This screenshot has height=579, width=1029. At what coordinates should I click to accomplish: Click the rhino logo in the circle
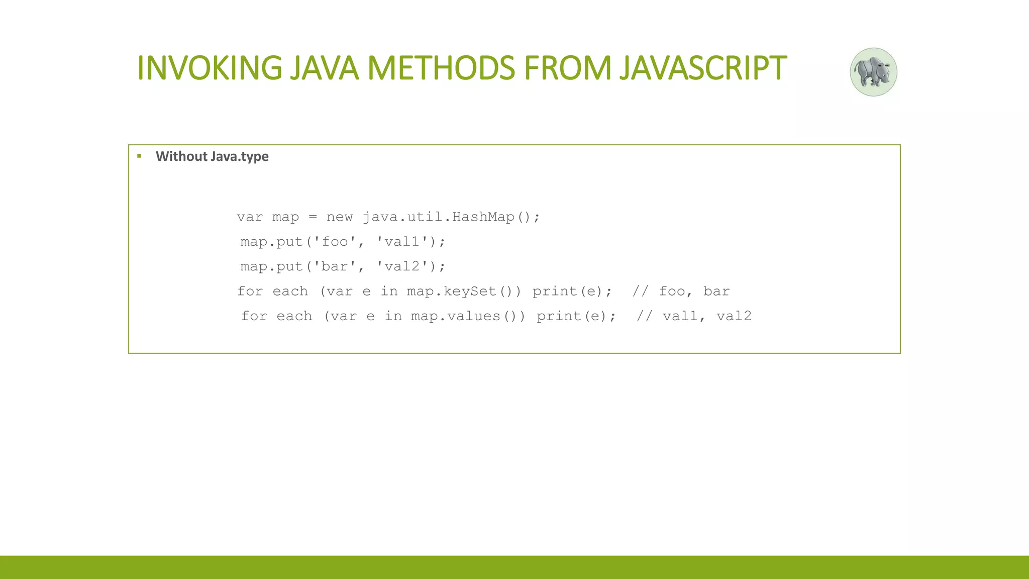pos(873,72)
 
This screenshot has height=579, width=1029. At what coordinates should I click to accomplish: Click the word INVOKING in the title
pos(210,68)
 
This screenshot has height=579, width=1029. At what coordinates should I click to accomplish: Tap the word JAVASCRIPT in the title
pos(702,68)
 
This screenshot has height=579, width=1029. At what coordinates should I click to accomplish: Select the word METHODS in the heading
pos(441,68)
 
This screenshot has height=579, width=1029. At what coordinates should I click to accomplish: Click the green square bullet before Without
pos(139,156)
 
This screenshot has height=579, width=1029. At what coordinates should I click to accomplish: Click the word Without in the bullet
pos(181,156)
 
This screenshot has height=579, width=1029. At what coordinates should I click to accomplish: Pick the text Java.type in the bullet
pos(240,157)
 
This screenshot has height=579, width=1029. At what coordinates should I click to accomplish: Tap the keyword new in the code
pos(339,217)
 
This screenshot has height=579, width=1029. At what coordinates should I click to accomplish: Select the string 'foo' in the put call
pos(335,242)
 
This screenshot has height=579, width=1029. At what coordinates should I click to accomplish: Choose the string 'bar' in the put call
pos(335,266)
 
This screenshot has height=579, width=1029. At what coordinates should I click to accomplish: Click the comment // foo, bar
pos(681,292)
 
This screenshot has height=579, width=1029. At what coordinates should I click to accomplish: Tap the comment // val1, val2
pos(694,316)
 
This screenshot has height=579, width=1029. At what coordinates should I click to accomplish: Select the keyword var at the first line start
pos(250,217)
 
